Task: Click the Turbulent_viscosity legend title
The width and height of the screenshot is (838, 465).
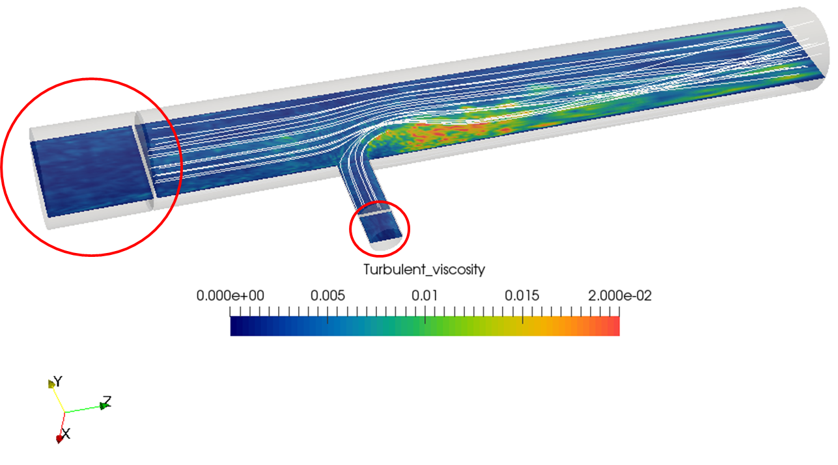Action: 425,269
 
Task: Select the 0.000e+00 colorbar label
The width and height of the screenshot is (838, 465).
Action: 230,296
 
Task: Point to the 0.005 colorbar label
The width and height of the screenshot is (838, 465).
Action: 328,296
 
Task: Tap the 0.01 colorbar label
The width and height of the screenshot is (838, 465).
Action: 425,296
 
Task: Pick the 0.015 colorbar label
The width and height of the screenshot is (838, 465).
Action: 522,296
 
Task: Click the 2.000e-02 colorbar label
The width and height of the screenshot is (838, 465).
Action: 619,296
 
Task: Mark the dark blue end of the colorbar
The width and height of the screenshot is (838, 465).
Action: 234,326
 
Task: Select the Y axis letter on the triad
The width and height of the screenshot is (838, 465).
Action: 57,382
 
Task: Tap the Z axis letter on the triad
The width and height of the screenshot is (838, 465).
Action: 107,401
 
